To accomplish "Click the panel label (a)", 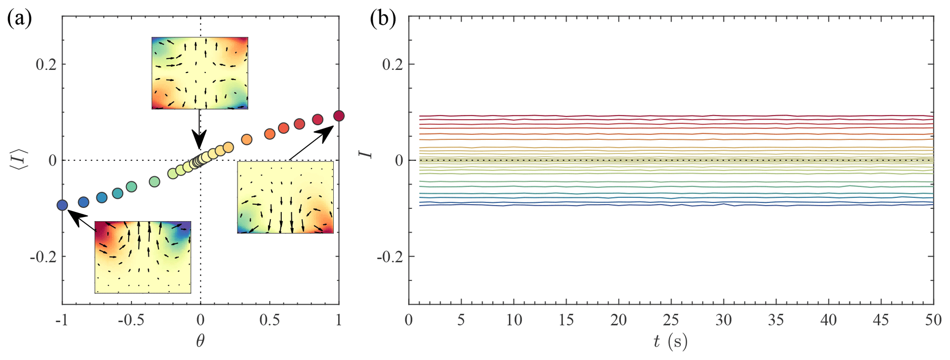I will (19, 19).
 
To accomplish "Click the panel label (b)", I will (383, 19).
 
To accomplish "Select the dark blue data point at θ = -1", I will (63, 205).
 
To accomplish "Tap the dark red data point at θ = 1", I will (339, 116).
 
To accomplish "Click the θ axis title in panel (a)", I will (200, 341).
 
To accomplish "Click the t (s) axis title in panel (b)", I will (671, 341).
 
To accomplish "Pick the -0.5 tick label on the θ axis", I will (131, 320).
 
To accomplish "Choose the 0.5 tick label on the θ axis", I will (270, 320).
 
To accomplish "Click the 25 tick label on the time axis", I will (671, 320).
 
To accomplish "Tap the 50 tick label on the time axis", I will (933, 320).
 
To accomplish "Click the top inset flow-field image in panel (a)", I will (200, 73).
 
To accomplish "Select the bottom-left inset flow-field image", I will (143, 257).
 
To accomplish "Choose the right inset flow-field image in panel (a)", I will (285, 197).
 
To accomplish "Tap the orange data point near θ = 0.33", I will (247, 139).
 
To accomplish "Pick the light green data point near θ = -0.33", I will (154, 182).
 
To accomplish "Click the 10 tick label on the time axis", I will (514, 320).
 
